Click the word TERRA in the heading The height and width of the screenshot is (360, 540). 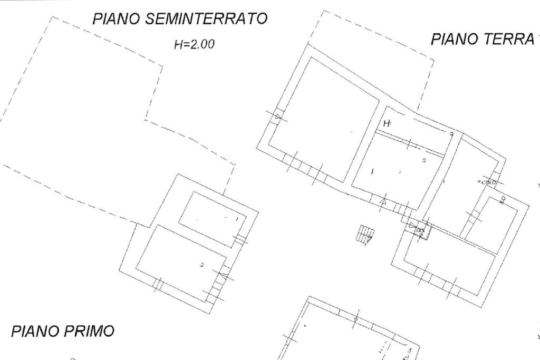coord(509,40)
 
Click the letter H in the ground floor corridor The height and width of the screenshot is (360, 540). coord(388,124)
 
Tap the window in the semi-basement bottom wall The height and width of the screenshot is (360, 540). coord(157,285)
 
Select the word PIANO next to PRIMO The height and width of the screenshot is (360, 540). coord(34,332)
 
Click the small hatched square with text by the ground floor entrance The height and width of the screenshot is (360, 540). coord(421,230)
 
